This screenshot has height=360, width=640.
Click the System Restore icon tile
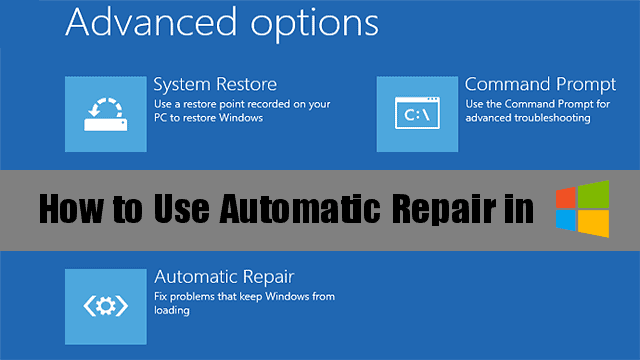pos(105,113)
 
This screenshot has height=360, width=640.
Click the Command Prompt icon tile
pos(417,113)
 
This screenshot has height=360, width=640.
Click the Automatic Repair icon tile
pos(105,305)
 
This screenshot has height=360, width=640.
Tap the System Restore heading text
pos(215,84)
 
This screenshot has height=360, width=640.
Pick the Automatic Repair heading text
pos(224,275)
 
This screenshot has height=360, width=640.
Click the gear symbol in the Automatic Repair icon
pos(105,306)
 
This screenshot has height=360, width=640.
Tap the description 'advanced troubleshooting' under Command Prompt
pos(528,118)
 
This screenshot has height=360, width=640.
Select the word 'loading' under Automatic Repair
pos(171,310)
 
